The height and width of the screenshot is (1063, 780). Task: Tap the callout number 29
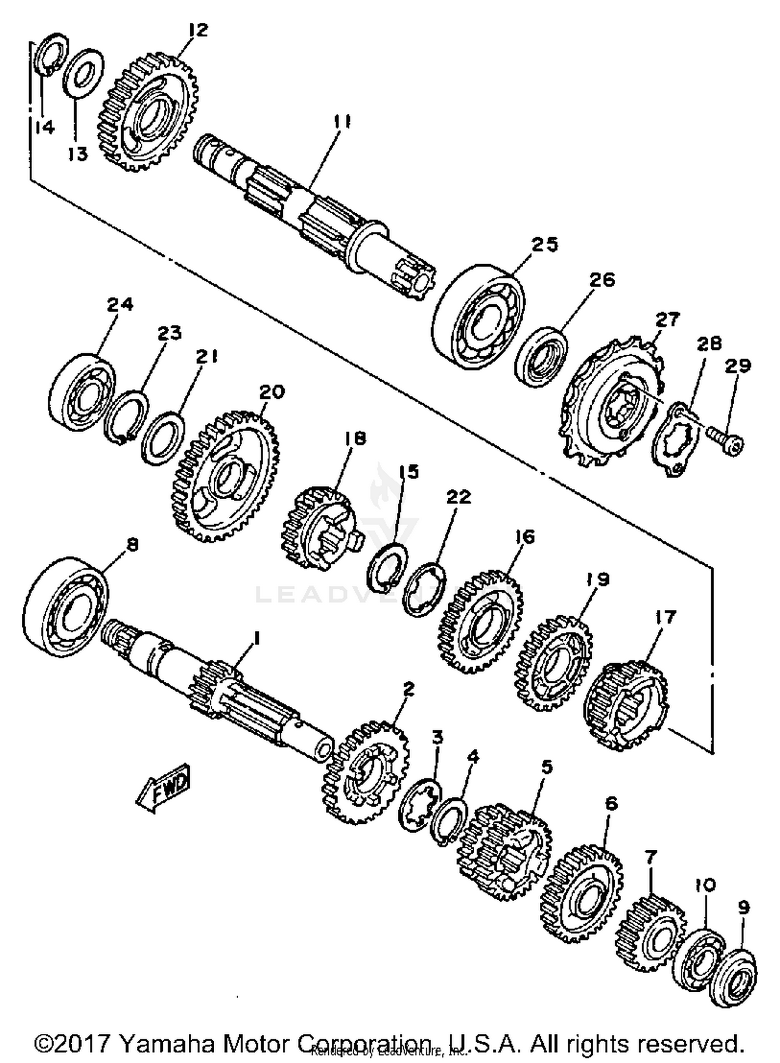738,366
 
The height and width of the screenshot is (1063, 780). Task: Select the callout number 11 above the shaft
342,123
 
